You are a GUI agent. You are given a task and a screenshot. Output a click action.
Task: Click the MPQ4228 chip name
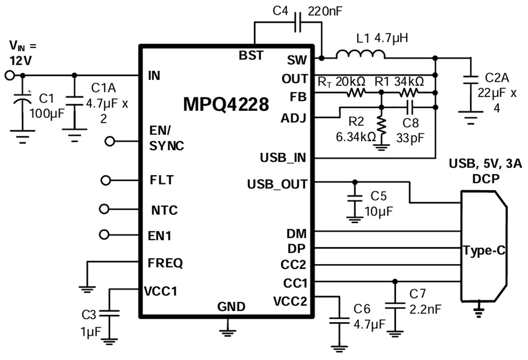coord(226,104)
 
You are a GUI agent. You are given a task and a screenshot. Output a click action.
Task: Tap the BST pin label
coord(251,56)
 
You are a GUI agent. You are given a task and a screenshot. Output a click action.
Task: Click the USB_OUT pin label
coord(277,184)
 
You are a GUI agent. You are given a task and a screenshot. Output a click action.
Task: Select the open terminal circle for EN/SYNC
coord(110,141)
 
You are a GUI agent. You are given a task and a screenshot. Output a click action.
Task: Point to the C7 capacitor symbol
coord(395,305)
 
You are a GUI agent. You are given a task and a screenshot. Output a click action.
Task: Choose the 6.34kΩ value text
coord(356,136)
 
